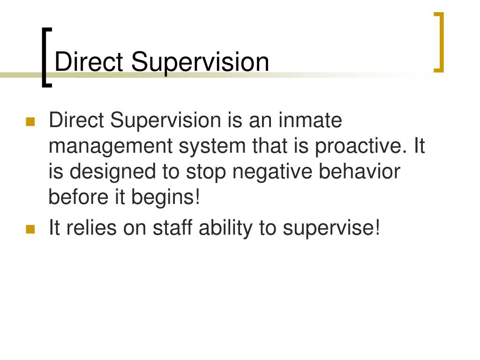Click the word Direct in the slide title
(x=89, y=62)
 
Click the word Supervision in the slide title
(x=200, y=64)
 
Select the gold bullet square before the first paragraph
(x=30, y=122)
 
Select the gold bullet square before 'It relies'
(x=30, y=229)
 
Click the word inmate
(x=310, y=120)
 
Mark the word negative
(x=272, y=172)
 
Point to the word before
(x=79, y=196)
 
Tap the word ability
(x=225, y=229)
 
